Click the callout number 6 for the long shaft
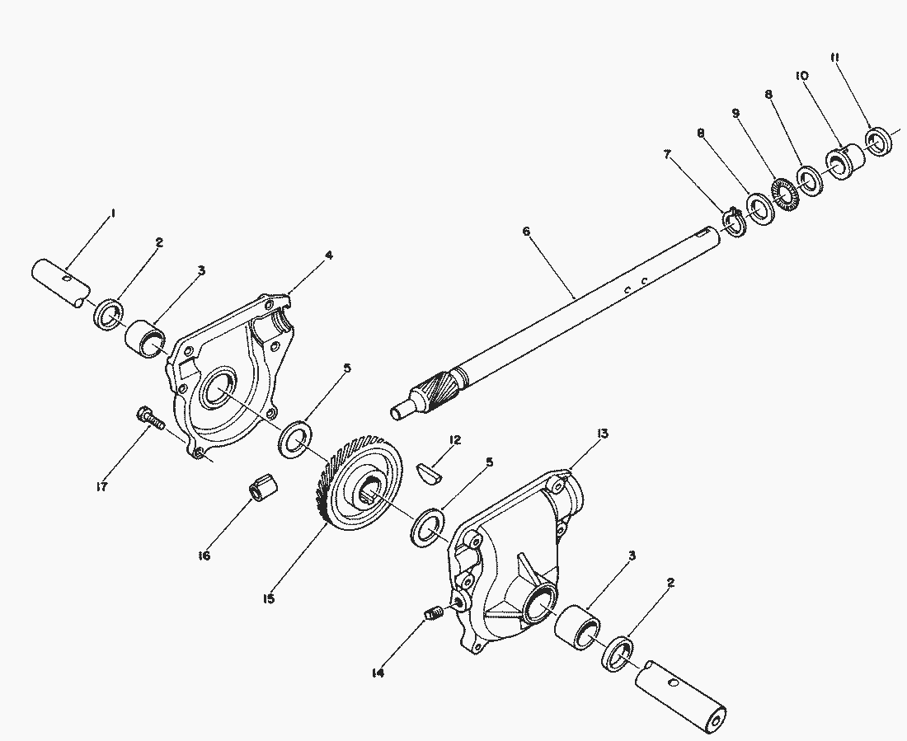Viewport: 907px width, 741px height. [526, 232]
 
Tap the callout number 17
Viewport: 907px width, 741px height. [101, 487]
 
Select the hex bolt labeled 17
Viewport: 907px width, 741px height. [150, 418]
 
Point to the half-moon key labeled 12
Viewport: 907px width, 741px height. [430, 472]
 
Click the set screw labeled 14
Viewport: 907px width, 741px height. [434, 614]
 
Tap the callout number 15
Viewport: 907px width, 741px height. [269, 599]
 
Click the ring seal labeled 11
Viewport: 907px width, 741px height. [879, 141]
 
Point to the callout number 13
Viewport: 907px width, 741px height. [603, 434]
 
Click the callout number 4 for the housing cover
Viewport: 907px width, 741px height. [328, 255]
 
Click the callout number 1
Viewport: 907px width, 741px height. [114, 213]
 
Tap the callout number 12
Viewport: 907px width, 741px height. [454, 441]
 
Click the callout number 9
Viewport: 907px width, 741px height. [735, 114]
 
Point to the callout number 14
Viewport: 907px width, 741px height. [378, 673]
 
